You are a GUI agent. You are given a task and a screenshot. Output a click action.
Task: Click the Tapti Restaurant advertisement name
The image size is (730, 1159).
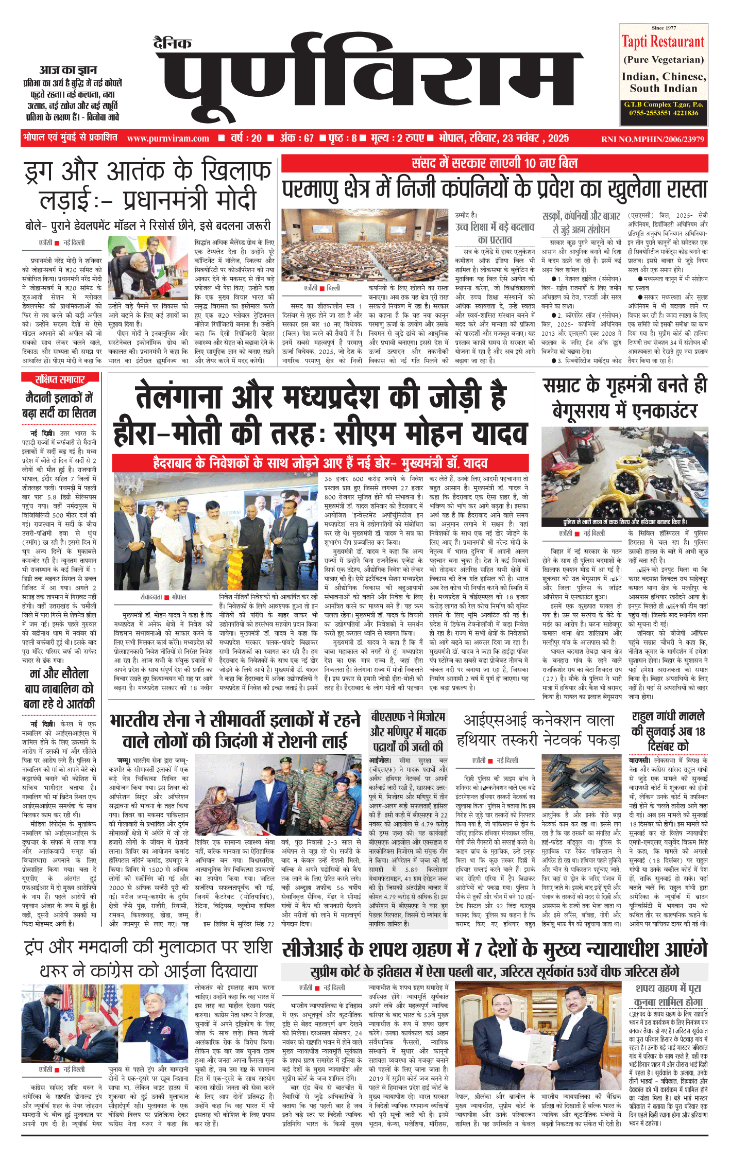click(663, 42)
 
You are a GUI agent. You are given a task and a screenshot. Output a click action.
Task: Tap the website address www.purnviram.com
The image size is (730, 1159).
click(168, 139)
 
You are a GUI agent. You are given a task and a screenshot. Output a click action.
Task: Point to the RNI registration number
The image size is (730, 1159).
click(652, 139)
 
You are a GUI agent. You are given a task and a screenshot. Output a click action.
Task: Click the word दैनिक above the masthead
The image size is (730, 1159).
click(173, 44)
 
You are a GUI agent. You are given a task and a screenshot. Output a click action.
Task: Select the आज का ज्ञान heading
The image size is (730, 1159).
click(69, 70)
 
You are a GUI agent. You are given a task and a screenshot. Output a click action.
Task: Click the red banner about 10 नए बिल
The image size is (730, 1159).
click(494, 164)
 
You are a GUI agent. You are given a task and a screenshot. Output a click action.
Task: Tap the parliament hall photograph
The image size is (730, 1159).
click(365, 245)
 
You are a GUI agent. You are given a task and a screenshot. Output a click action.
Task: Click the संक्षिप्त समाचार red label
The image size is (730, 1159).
click(60, 380)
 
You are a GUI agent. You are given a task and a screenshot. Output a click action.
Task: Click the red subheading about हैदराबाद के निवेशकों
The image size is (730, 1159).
click(320, 463)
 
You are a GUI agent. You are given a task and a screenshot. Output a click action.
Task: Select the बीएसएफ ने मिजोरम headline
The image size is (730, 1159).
click(407, 731)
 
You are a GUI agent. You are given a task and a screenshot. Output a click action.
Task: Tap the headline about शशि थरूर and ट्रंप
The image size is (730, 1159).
click(148, 960)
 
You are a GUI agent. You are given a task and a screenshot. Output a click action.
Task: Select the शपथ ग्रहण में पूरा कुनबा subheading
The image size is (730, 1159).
click(668, 995)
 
